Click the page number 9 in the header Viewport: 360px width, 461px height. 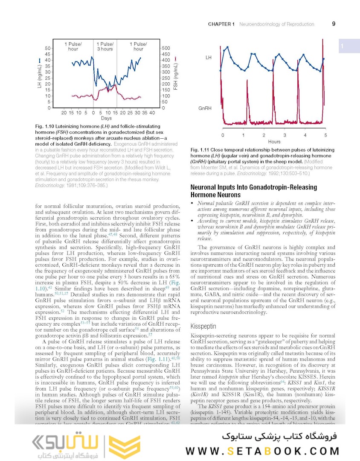tap(334, 24)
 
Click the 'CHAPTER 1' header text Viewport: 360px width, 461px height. tap(221, 24)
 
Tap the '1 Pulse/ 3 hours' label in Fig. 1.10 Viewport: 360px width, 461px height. tap(105, 46)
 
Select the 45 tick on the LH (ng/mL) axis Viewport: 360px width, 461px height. tap(47, 54)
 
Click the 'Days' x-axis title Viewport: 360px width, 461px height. tap(106, 118)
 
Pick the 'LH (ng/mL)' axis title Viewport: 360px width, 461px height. tap(38, 76)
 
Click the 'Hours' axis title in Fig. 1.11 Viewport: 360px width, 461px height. tap(274, 141)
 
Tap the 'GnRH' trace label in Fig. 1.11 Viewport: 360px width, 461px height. tap(205, 108)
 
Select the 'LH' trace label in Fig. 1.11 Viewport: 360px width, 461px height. tap(208, 57)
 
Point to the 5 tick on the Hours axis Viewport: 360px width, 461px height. tap(325, 135)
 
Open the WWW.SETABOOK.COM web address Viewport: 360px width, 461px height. tap(262, 451)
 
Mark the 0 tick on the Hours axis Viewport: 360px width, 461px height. tap(223, 135)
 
